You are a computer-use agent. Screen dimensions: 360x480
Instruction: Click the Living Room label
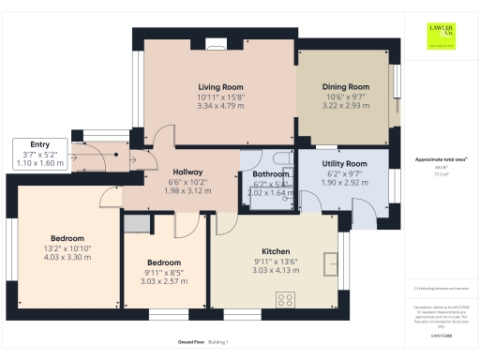(x=220, y=86)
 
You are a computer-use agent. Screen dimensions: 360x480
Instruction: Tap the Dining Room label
(x=341, y=86)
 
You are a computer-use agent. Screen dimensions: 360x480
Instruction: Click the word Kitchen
(x=275, y=251)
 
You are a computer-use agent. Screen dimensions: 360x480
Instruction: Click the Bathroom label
(x=270, y=174)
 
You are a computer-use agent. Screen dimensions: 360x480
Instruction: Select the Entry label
(x=39, y=143)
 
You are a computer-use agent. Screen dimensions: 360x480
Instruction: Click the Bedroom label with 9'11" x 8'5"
(x=164, y=262)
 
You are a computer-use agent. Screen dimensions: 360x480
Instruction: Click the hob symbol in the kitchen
(x=286, y=300)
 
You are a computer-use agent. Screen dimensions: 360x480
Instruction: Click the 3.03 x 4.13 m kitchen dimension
(x=275, y=271)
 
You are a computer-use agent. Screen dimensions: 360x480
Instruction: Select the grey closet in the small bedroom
(x=137, y=223)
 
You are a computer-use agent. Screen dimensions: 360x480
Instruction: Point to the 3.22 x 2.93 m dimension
(x=341, y=106)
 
